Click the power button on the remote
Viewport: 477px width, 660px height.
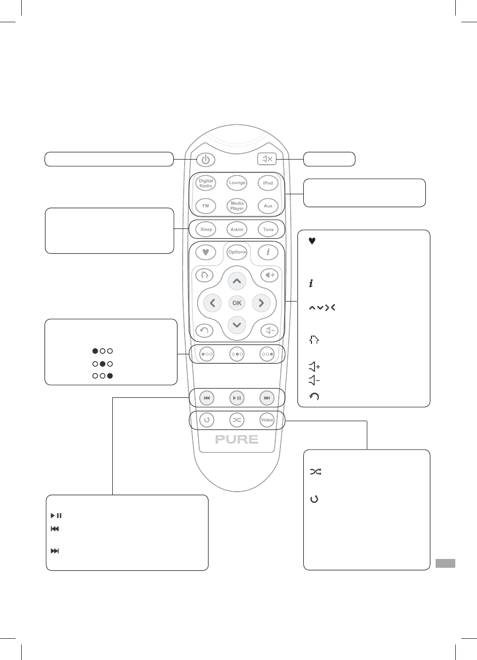pos(206,160)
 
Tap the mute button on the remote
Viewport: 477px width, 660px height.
pos(268,159)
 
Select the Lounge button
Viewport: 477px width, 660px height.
pos(237,183)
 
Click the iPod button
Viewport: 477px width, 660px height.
pos(267,183)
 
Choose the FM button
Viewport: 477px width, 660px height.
pos(206,206)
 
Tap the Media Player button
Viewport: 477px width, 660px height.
pos(237,206)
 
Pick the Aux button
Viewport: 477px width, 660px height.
pos(267,206)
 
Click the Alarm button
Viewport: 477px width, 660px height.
pos(237,229)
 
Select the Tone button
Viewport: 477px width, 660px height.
pos(267,229)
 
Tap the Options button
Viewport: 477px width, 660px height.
pos(237,252)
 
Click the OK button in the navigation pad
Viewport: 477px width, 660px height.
pos(237,303)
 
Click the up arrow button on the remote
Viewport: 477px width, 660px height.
pos(237,281)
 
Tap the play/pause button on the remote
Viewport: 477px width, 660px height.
pos(237,398)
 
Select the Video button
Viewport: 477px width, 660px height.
pos(267,420)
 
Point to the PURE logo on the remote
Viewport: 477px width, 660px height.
pos(237,440)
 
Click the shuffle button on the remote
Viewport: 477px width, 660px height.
pos(237,420)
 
